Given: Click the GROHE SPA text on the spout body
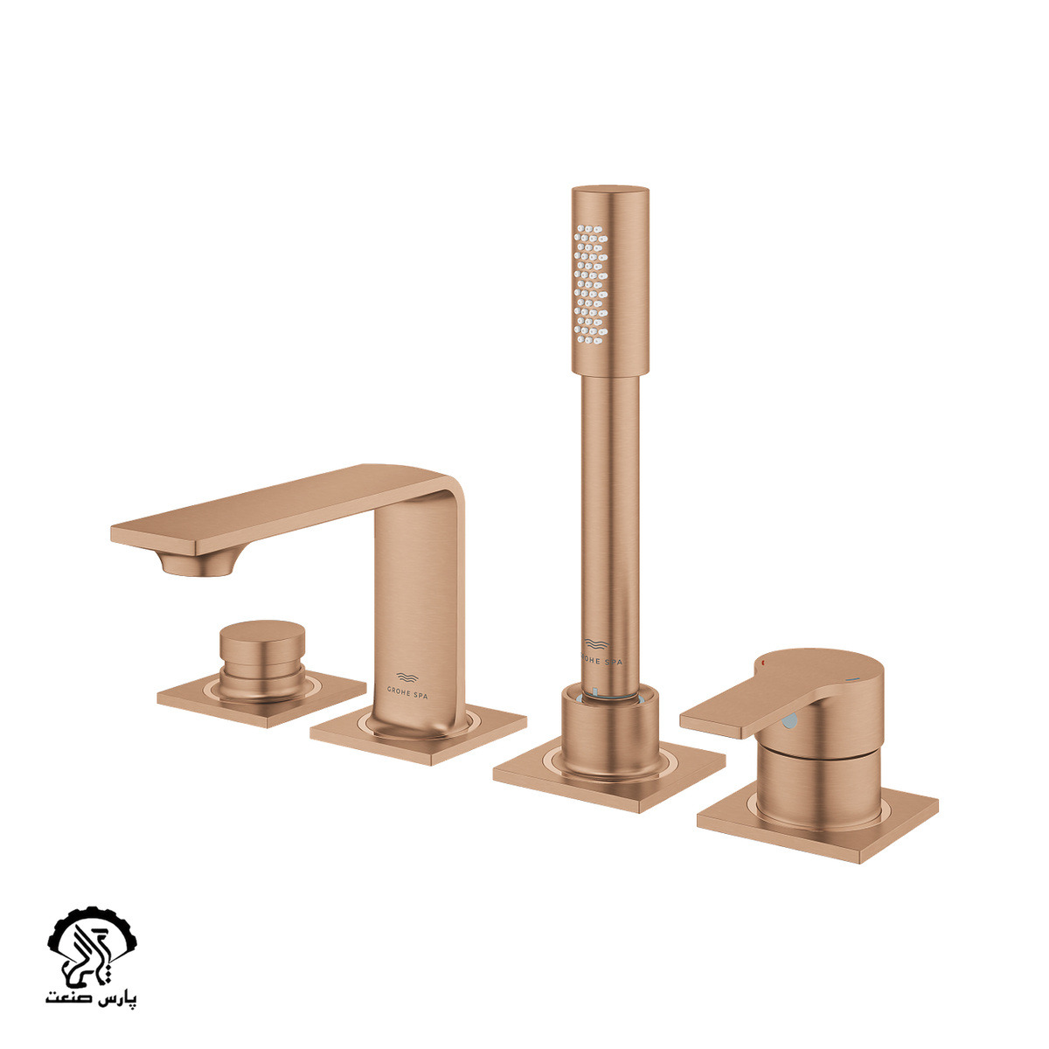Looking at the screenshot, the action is pyautogui.click(x=407, y=695).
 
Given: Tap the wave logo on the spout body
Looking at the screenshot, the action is pyautogui.click(x=407, y=677).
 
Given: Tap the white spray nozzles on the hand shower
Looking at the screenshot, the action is pyautogui.click(x=591, y=284).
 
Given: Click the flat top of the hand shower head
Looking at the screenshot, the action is pyautogui.click(x=610, y=188).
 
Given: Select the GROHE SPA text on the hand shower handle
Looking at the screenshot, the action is pyautogui.click(x=601, y=662).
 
